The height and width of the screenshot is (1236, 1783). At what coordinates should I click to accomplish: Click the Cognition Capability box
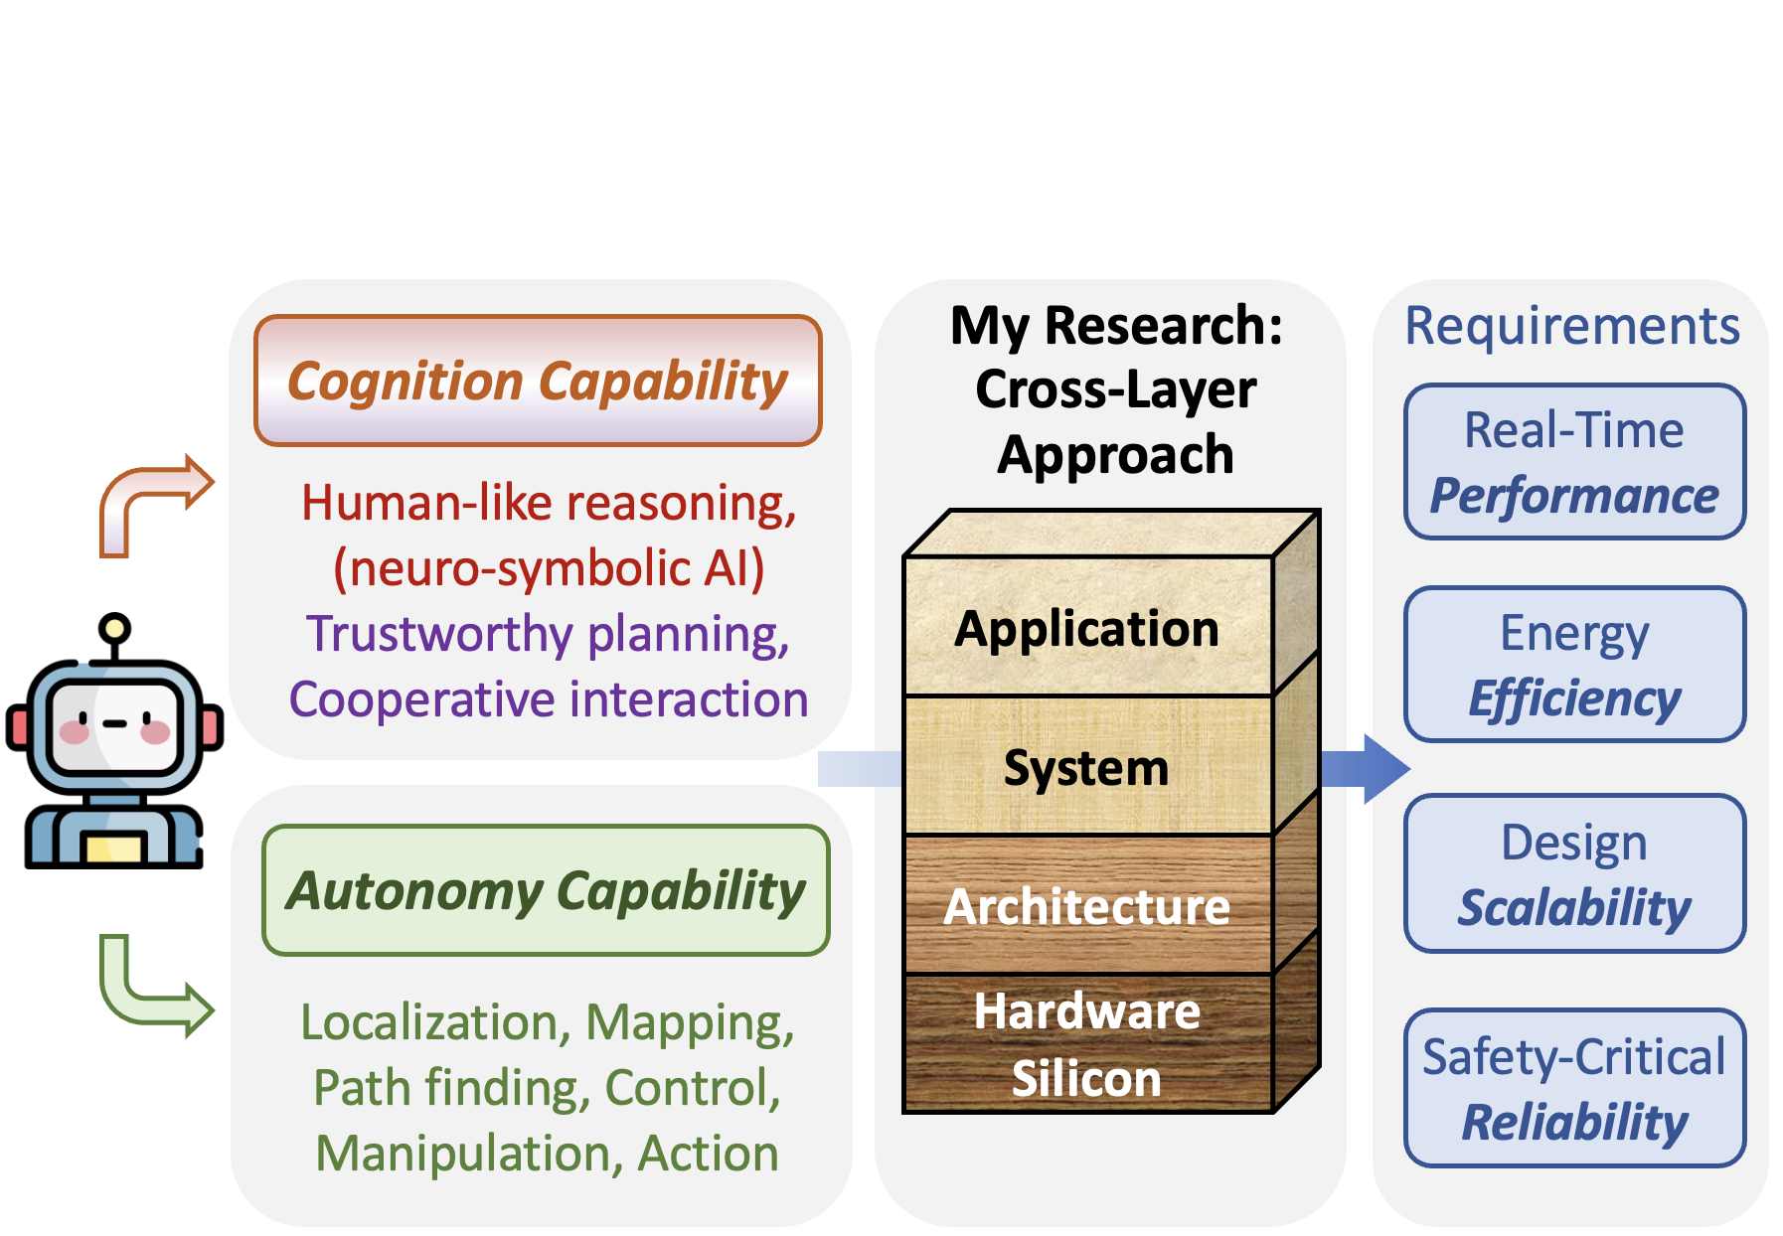point(538,381)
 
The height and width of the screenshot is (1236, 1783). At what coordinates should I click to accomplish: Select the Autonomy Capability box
point(546,890)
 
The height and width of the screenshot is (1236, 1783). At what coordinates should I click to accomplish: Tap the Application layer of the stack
point(1087,626)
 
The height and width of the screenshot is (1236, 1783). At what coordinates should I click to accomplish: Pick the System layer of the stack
point(1087,766)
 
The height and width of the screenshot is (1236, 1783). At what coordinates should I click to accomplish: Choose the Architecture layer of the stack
point(1087,905)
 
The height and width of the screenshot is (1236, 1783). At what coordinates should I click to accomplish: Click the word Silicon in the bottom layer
point(1086,1078)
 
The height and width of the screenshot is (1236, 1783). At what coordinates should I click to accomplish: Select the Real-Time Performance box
point(1574,462)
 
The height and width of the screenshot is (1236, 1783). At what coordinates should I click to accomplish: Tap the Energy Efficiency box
point(1574,665)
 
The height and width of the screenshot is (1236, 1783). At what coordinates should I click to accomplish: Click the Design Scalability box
point(1574,873)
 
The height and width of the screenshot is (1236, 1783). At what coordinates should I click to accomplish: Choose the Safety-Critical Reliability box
point(1574,1088)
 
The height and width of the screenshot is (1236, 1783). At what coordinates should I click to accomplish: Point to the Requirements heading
point(1572,326)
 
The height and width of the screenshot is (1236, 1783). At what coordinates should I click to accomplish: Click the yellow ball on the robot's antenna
point(115,628)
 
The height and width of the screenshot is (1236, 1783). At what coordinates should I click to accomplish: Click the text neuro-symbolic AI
point(549,568)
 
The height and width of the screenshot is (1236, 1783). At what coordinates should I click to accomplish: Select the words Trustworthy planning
point(548,634)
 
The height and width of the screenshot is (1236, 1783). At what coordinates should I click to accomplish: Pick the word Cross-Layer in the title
point(1115,389)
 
